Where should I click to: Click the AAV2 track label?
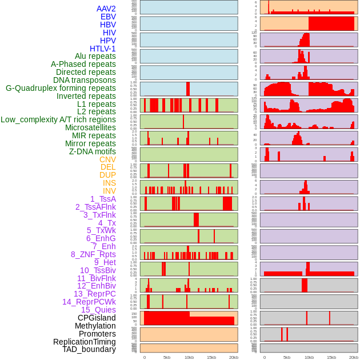pos(106,9)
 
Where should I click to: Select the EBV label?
pos(108,17)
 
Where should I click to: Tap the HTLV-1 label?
pos(103,49)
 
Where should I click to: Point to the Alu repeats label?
pos(95,56)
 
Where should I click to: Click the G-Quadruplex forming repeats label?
pos(61,88)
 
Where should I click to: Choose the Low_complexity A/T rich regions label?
pos(58,119)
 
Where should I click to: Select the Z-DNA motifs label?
pos(93,151)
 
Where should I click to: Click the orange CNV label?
pos(107,159)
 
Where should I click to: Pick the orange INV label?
pos(109,191)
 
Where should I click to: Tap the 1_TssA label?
pos(103,199)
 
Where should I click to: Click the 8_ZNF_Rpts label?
pos(93,254)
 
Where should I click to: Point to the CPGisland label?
pos(97,318)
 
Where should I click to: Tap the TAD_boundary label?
pos(89,349)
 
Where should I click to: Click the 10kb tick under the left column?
pos(189,357)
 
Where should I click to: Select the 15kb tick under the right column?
pos(331,357)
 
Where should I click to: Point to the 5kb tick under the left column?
pos(167,357)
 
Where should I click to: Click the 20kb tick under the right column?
pos(354,357)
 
